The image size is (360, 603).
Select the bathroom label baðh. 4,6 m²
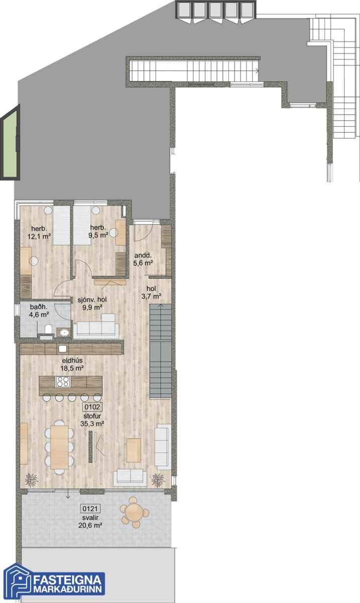pyautogui.click(x=39, y=310)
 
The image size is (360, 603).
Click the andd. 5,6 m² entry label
pyautogui.click(x=143, y=259)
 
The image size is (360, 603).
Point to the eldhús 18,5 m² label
pyautogui.click(x=72, y=364)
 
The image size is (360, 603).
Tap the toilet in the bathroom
pyautogui.click(x=48, y=330)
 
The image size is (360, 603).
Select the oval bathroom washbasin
pyautogui.click(x=64, y=333)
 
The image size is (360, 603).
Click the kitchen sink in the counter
pyautogui.click(x=62, y=349)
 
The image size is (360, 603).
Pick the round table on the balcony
pyautogui.click(x=134, y=513)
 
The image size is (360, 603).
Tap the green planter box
pyautogui.click(x=11, y=142)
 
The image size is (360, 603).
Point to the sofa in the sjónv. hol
pyautogui.click(x=96, y=327)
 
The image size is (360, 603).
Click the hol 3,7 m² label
pyautogui.click(x=151, y=292)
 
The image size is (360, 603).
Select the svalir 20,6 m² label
pyautogui.click(x=90, y=521)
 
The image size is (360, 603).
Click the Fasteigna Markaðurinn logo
pyautogui.click(x=54, y=581)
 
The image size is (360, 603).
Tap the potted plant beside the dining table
pyautogui.click(x=32, y=479)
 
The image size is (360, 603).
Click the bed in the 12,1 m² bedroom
pyautogui.click(x=61, y=226)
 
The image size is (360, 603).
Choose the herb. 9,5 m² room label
pyautogui.click(x=98, y=231)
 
